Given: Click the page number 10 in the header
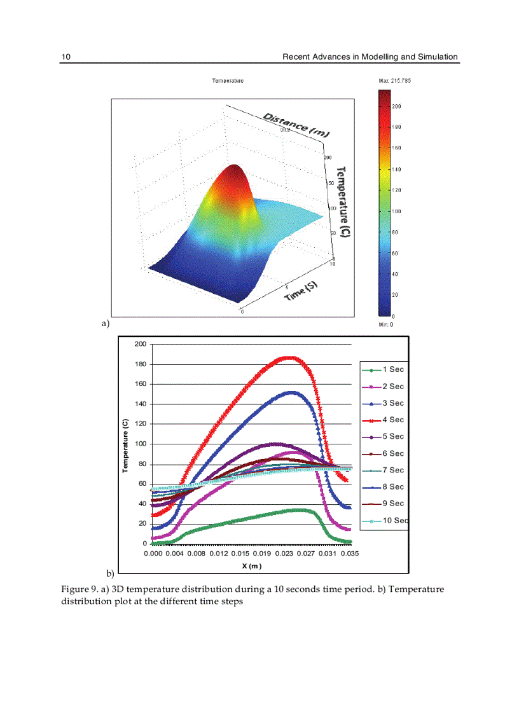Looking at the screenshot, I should click(x=66, y=57).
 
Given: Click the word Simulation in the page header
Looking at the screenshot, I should click(x=437, y=57).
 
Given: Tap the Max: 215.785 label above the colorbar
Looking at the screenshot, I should click(x=394, y=81).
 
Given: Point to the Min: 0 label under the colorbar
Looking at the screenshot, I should click(x=386, y=324).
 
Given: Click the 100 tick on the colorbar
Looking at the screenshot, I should click(x=396, y=211).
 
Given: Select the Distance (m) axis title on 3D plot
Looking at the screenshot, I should click(x=296, y=123).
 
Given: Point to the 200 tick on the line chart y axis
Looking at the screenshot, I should click(x=141, y=344).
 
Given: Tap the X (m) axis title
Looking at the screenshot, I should click(x=251, y=566).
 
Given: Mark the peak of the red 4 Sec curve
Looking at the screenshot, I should click(x=289, y=357).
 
